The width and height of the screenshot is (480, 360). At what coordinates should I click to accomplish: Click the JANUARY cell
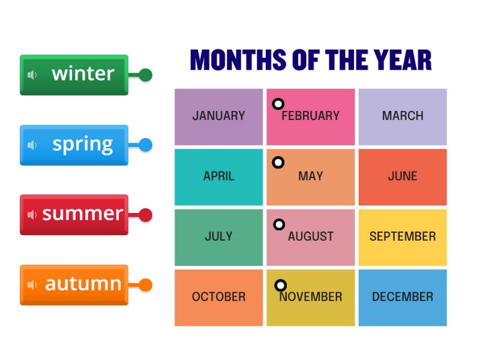tap(218, 116)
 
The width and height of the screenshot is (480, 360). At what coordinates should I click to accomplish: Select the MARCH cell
tap(403, 116)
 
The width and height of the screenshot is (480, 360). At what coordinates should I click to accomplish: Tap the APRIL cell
tap(218, 176)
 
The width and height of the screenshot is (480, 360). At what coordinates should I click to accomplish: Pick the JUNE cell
tap(403, 176)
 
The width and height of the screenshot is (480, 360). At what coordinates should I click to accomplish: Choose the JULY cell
tap(218, 236)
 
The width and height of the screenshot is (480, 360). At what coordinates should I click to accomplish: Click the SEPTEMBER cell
tap(403, 236)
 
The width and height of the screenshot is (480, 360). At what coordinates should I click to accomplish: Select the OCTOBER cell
tap(218, 297)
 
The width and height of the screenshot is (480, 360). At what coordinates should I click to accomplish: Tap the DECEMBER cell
tap(403, 297)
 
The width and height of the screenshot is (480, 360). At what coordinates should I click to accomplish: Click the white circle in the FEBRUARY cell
tap(278, 104)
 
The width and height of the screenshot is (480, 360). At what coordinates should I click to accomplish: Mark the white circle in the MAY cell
tap(278, 163)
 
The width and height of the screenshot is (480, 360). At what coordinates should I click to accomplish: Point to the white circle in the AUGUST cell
tap(279, 224)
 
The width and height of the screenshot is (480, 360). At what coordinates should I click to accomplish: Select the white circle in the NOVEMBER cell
tap(280, 286)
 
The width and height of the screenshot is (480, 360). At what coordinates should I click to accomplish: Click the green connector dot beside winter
tap(145, 75)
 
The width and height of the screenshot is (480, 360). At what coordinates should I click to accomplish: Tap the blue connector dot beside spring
tap(145, 145)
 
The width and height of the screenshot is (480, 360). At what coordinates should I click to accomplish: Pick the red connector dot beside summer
tap(145, 215)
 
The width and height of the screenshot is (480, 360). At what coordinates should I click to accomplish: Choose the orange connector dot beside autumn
tap(145, 285)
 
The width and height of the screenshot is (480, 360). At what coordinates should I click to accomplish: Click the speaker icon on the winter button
tap(32, 75)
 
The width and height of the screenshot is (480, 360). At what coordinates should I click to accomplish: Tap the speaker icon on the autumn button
tap(32, 285)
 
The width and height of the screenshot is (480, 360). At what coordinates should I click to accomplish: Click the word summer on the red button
tap(83, 214)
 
